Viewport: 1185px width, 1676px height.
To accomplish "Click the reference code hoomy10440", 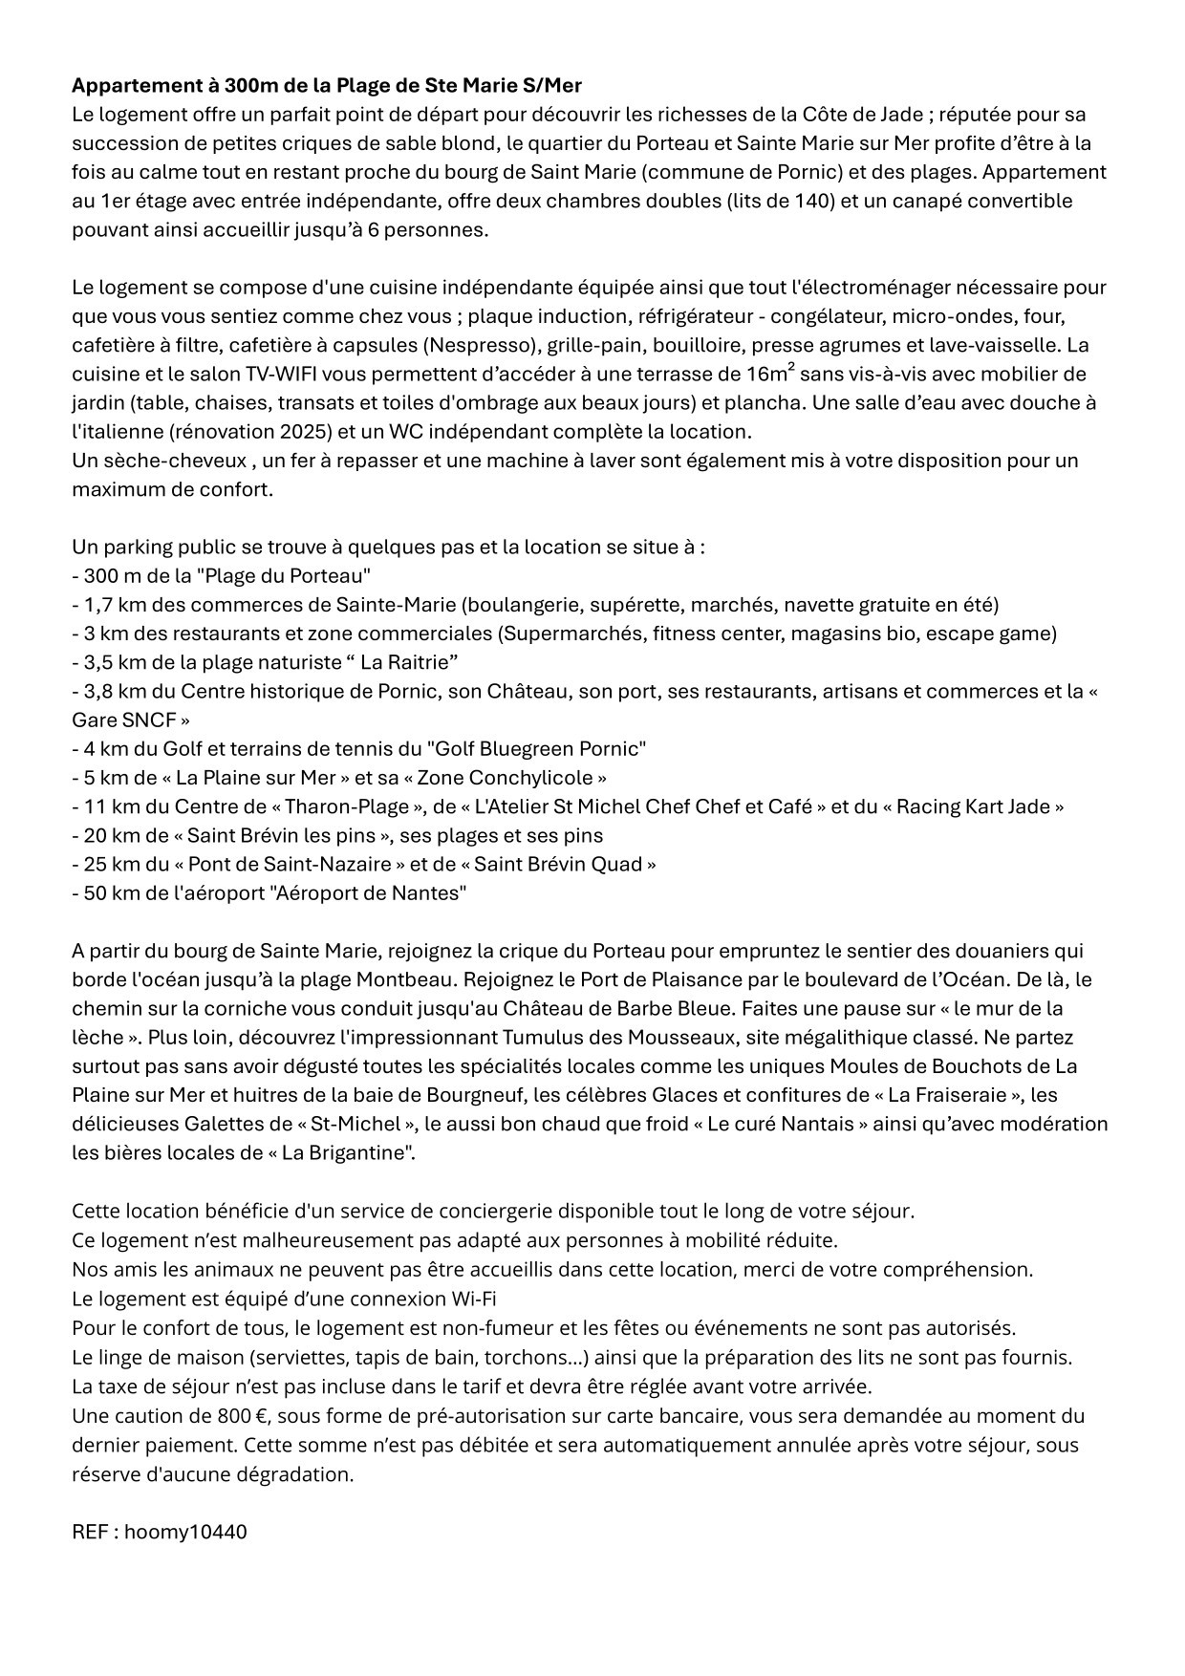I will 185,1532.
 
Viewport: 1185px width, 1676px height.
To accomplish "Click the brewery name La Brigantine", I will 343,1152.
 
